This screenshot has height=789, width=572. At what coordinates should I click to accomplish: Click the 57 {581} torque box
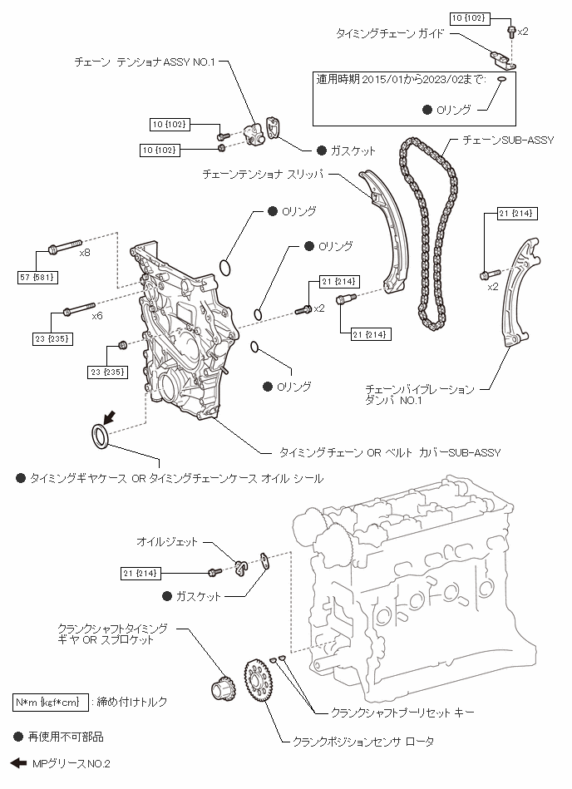pyautogui.click(x=37, y=277)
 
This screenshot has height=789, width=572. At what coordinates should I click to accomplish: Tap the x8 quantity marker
pyautogui.click(x=85, y=253)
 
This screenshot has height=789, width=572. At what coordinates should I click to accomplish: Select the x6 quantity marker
pyautogui.click(x=97, y=316)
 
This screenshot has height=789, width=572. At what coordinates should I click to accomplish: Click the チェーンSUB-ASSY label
pyautogui.click(x=508, y=141)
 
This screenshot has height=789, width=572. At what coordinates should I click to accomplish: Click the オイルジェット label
pyautogui.click(x=167, y=542)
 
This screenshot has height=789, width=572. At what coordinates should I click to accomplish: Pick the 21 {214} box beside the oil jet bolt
pyautogui.click(x=141, y=573)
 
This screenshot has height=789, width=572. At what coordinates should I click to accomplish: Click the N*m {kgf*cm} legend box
pyautogui.click(x=51, y=703)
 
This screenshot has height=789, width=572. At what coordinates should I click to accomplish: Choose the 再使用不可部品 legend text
pyautogui.click(x=66, y=737)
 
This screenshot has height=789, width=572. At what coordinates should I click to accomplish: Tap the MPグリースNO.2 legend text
pyautogui.click(x=71, y=764)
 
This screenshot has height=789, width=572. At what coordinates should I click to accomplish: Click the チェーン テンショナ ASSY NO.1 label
pyautogui.click(x=145, y=62)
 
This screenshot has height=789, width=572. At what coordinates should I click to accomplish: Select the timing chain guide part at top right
pyautogui.click(x=504, y=60)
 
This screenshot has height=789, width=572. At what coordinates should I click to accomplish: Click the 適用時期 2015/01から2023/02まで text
pyautogui.click(x=402, y=80)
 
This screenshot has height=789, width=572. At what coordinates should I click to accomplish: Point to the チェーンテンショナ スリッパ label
pyautogui.click(x=263, y=175)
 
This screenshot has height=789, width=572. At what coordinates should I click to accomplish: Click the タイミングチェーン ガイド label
pyautogui.click(x=391, y=34)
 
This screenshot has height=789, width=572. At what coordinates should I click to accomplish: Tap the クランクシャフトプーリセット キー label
pyautogui.click(x=402, y=713)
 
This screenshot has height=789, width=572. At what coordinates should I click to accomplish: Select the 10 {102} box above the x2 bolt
pyautogui.click(x=469, y=18)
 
